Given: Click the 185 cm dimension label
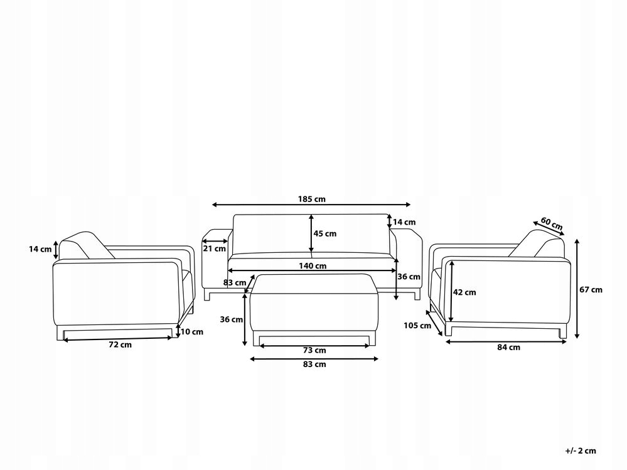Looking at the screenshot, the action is coord(311,199).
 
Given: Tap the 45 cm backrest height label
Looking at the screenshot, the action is coord(324,233).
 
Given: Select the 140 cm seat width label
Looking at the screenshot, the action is coord(313,266).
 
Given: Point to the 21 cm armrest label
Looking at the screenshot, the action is coord(215,248).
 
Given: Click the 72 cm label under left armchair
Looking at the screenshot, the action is coord(120,344).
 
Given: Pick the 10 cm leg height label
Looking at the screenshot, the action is coord(192,331).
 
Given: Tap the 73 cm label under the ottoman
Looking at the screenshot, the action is coord(314,350).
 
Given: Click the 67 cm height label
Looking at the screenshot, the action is coord(591,289).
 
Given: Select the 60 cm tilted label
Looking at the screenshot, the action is coord(552,223).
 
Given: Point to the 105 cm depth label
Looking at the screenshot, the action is coord(417,325).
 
